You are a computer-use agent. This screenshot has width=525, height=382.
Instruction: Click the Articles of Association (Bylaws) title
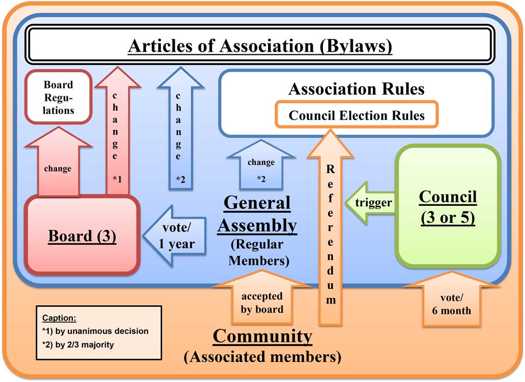(260, 46)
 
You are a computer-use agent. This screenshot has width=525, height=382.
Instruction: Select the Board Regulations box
(58, 97)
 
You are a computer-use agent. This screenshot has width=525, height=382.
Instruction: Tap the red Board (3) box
(82, 236)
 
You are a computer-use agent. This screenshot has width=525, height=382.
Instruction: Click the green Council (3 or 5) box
(448, 206)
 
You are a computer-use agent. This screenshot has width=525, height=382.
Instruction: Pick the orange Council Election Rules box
(357, 115)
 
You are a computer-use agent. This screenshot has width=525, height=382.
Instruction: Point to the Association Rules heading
(356, 89)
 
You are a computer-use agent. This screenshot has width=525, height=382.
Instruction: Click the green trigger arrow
(370, 203)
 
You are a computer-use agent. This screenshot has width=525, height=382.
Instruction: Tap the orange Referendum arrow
(331, 230)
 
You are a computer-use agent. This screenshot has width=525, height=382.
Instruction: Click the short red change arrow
(58, 164)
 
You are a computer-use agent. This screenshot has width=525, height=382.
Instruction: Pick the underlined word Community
(262, 336)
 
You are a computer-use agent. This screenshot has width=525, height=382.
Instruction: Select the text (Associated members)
(262, 356)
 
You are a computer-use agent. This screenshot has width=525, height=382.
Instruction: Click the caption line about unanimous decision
(95, 331)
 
